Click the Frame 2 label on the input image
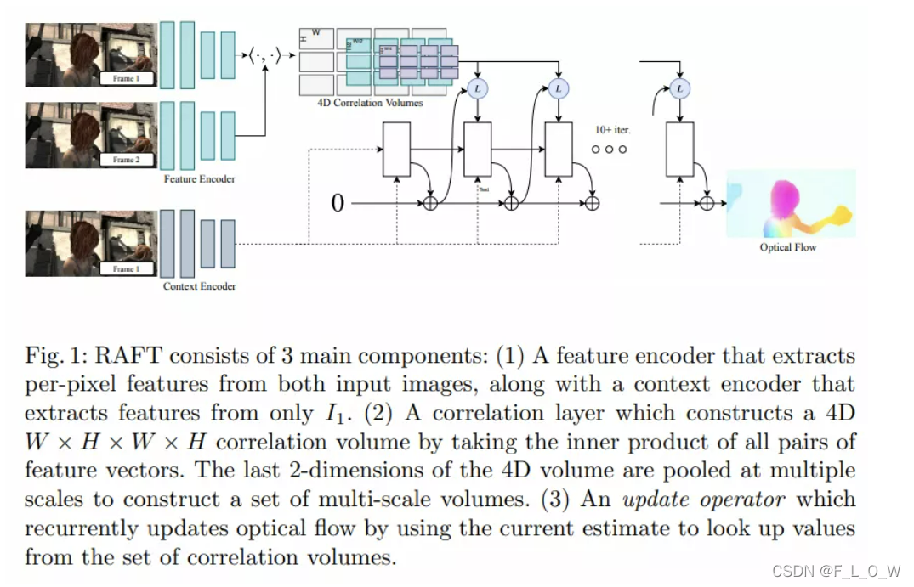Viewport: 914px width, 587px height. point(125,160)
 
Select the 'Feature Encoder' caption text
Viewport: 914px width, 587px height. point(199,179)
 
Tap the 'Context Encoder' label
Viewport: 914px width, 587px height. point(199,286)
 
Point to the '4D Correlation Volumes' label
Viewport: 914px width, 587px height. point(370,104)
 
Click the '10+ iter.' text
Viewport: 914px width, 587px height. point(612,130)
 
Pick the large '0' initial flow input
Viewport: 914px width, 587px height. point(338,204)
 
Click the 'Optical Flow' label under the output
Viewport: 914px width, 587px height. point(787,247)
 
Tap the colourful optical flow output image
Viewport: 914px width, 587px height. point(791,203)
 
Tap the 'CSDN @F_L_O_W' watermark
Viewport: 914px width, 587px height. point(837,571)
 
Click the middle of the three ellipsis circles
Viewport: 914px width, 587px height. point(609,150)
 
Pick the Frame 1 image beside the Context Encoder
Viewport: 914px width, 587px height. point(90,244)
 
